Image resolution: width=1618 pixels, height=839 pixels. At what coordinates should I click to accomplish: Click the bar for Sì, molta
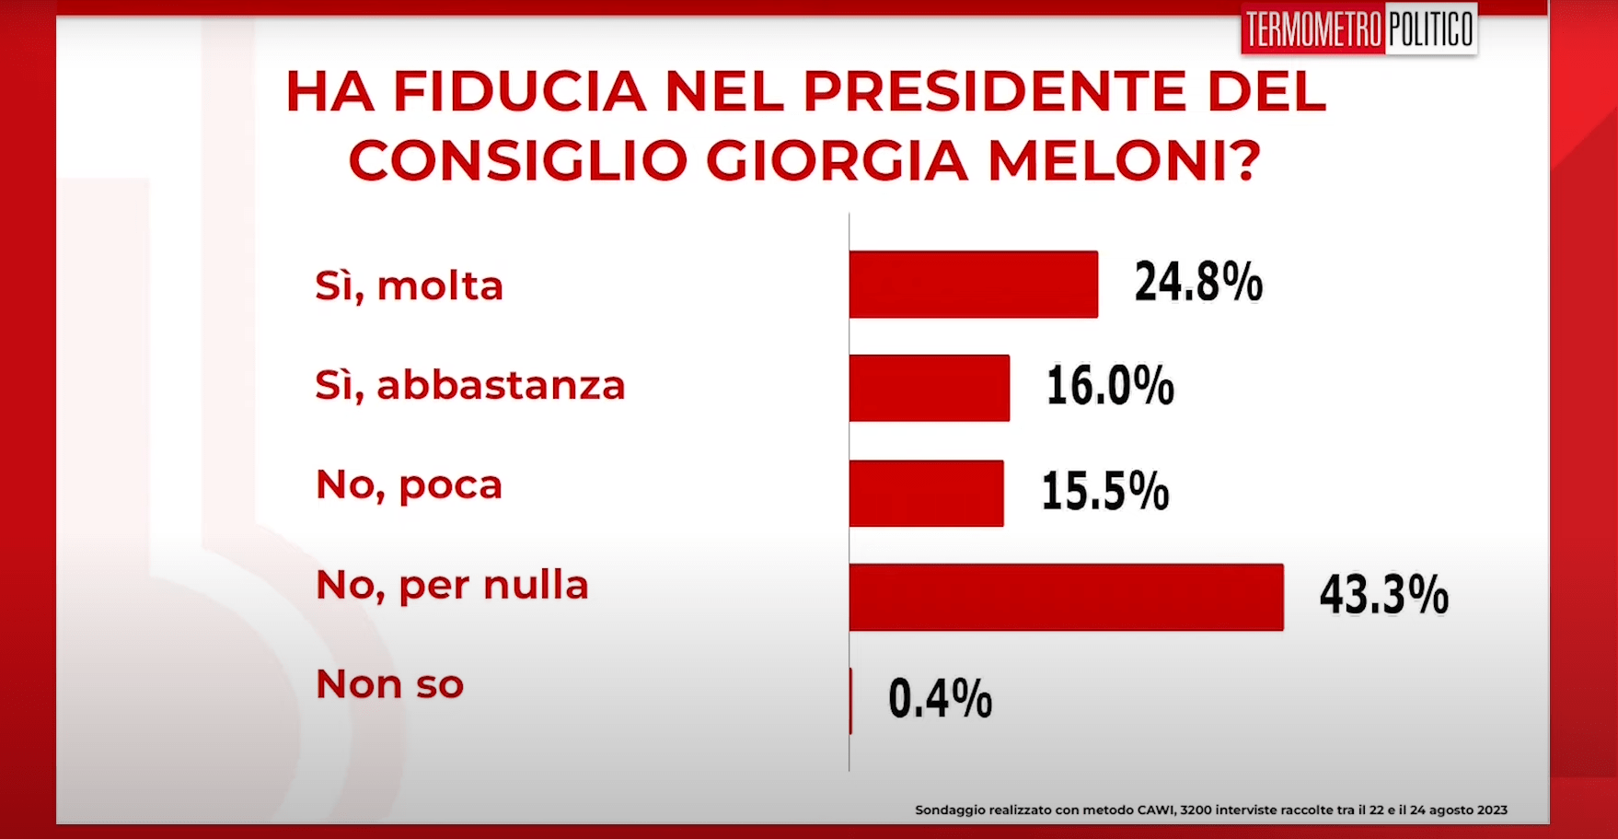coord(973,285)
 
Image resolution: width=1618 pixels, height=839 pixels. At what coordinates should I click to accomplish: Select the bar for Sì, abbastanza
coord(929,388)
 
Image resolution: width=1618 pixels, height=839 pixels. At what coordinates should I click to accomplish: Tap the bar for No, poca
coord(926,493)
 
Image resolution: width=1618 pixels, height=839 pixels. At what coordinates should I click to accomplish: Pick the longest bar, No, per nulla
coord(1066,597)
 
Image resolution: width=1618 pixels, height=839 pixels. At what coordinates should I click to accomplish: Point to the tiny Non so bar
coord(850,701)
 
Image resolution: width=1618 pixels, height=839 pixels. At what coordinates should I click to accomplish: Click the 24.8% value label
coord(1198,282)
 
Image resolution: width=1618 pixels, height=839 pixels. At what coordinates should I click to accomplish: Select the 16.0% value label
coord(1110,385)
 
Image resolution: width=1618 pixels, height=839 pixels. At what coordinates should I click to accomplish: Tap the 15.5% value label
coord(1104,490)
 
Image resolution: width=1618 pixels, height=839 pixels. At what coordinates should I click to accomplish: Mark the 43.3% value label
coord(1383,594)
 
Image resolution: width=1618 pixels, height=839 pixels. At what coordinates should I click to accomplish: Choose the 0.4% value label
coord(940,698)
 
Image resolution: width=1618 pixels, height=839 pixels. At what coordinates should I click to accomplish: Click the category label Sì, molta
coord(410,286)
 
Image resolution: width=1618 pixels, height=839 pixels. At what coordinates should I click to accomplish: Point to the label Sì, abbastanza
coord(470,385)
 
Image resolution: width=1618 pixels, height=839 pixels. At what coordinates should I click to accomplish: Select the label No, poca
coord(410,485)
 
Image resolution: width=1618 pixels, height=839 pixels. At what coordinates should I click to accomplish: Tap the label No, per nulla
coord(452,586)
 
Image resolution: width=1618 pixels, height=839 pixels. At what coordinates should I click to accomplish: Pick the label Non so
coord(389,684)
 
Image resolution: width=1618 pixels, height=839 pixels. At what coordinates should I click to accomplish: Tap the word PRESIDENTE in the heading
coord(995,92)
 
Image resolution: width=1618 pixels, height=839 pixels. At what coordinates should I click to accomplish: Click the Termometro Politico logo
coord(1358,29)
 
